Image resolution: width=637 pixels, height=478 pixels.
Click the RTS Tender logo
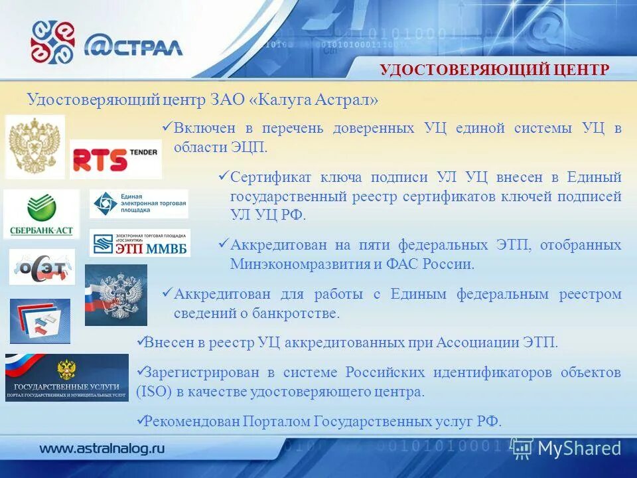pos(115,159)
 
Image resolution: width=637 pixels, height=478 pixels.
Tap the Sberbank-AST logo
pos(41,214)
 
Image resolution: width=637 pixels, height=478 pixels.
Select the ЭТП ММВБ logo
pos(139,244)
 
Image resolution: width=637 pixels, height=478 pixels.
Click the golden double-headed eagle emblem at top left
pos(35,146)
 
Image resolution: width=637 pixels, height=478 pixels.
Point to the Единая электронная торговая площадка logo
pos(139,204)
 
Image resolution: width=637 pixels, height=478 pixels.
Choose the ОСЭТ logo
pos(42,268)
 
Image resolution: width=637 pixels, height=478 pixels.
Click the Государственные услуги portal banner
pos(66,377)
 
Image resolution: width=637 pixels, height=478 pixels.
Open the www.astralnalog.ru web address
pos(102,448)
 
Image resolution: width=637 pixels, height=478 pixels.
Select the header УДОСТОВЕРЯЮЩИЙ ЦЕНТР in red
pos(494,70)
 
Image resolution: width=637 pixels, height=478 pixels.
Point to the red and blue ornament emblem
pos(52,42)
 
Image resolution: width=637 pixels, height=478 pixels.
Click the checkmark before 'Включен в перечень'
pos(167,127)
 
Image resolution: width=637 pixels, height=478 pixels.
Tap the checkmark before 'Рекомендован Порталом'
pos(139,420)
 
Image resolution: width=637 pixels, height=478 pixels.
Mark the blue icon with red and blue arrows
pos(39,321)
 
